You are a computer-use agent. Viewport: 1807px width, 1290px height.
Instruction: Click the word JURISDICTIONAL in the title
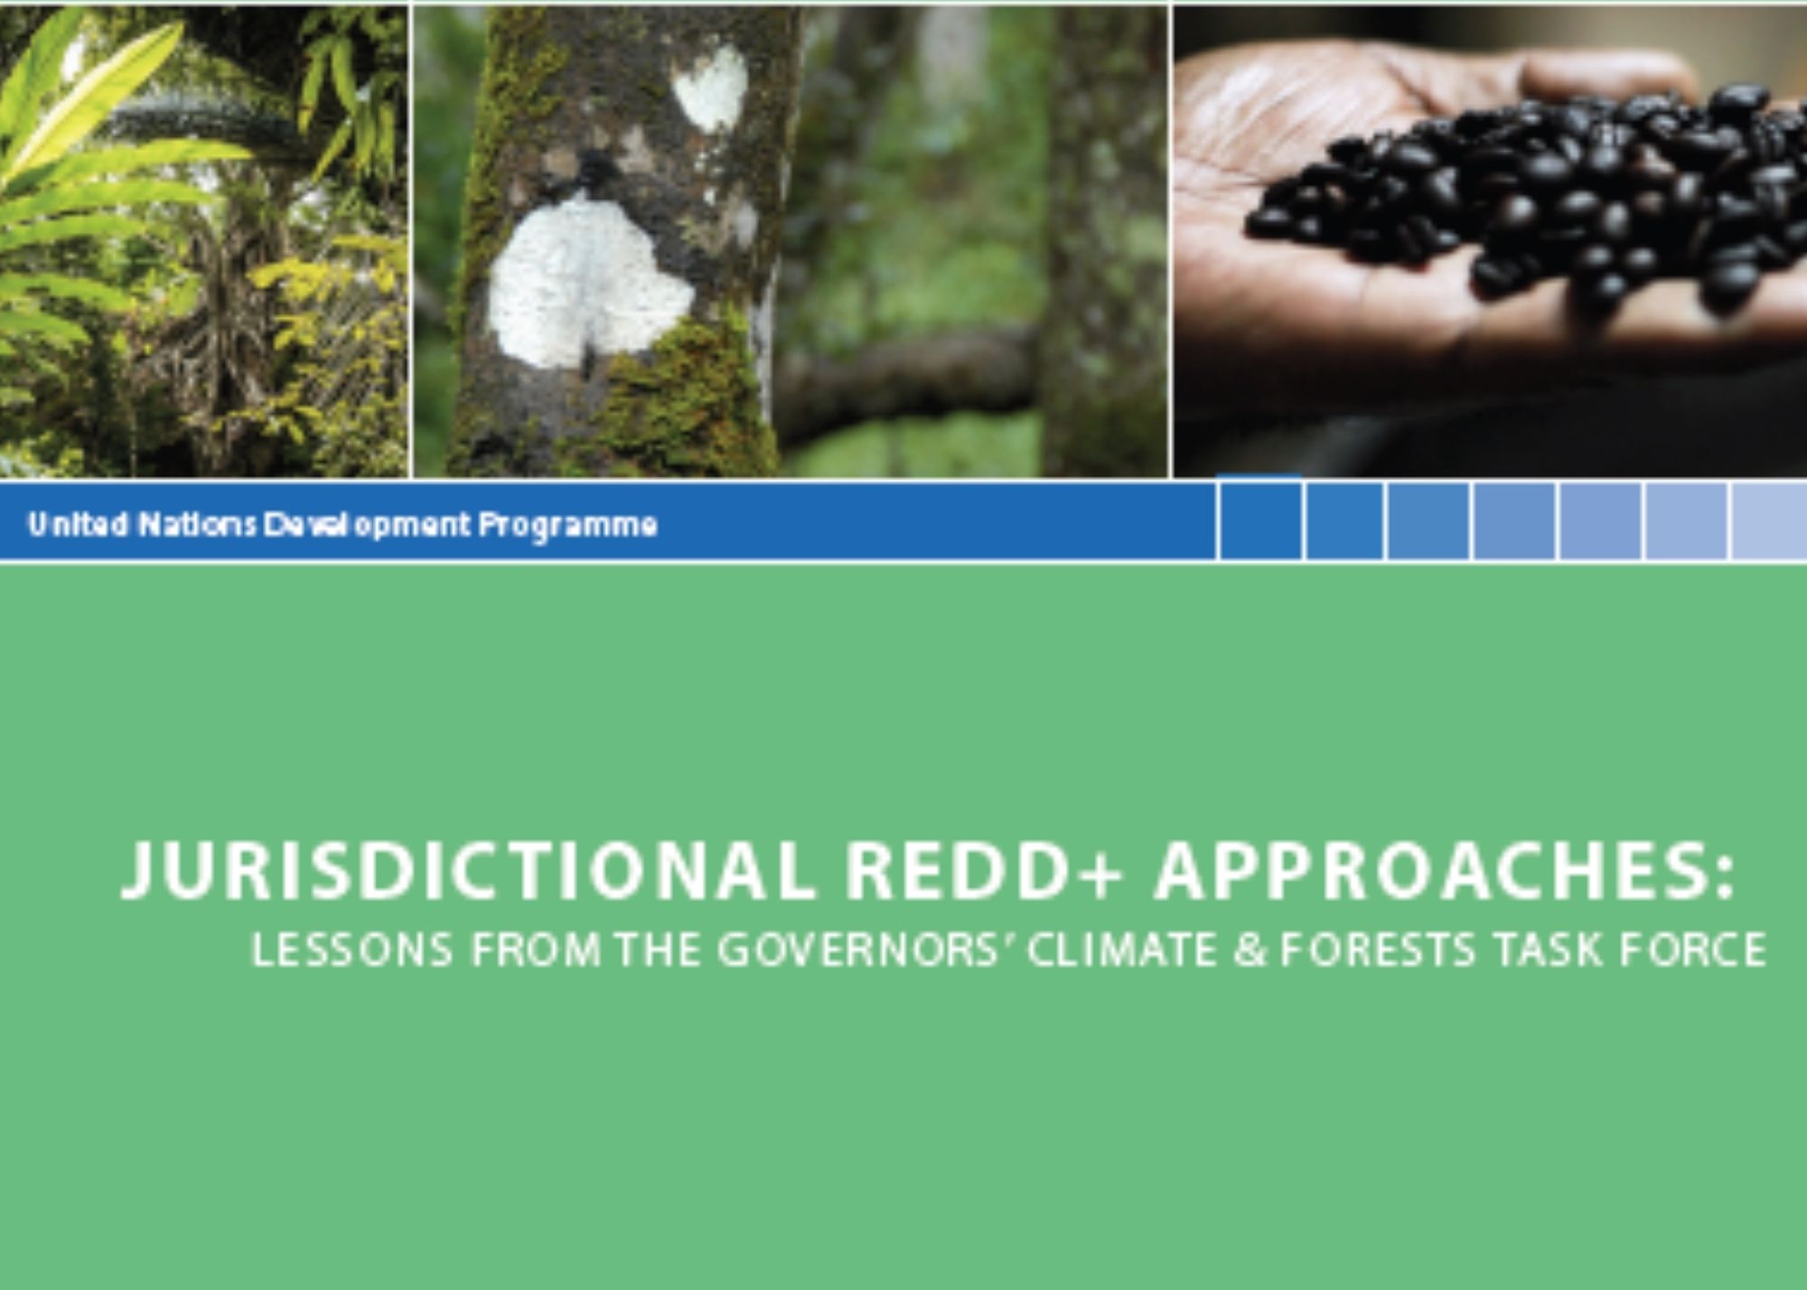(468, 871)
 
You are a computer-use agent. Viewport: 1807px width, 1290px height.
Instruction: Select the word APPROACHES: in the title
(1445, 871)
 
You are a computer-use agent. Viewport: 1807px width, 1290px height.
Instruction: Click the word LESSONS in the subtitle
(351, 950)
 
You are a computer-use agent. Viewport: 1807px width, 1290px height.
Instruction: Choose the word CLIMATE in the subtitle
(1121, 950)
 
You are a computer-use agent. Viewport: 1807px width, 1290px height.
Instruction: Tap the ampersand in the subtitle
(1250, 950)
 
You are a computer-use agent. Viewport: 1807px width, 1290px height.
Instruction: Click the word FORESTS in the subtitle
(1378, 950)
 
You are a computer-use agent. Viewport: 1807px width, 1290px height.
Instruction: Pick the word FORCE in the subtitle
(1692, 950)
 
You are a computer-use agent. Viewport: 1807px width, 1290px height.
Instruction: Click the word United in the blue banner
(78, 524)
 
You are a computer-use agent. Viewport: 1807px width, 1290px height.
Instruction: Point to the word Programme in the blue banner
(567, 526)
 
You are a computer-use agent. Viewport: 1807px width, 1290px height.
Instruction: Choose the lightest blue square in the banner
(1769, 521)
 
